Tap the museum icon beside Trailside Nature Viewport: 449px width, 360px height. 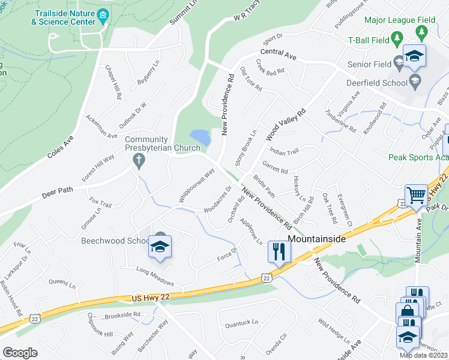(x=103, y=14)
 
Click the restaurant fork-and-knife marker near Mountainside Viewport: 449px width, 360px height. (x=279, y=251)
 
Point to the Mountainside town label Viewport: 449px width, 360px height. (x=317, y=239)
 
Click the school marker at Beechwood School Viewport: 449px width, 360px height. (x=160, y=247)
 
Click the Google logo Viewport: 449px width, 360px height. (x=19, y=353)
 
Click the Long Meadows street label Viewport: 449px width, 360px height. (x=155, y=275)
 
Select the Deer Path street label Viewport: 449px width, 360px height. (x=57, y=192)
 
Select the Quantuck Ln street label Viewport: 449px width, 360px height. (x=241, y=322)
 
